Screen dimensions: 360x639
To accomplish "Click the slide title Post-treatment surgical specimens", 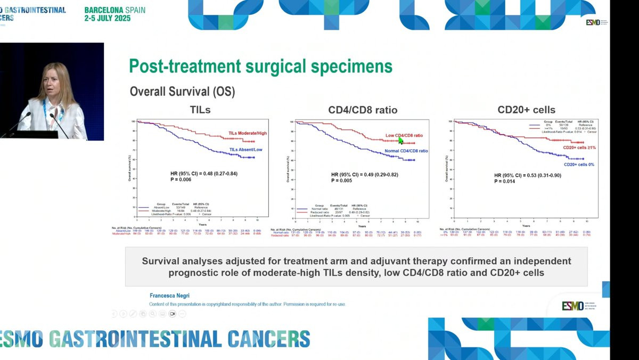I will [261, 66].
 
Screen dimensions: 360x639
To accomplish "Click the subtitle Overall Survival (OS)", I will [182, 92].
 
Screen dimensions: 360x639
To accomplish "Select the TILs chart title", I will [201, 110].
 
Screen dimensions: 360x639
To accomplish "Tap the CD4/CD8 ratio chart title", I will [363, 110].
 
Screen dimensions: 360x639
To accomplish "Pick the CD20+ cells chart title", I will [526, 110].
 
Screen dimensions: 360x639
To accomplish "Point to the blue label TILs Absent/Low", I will [245, 150].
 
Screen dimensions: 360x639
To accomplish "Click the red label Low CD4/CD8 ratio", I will [404, 135].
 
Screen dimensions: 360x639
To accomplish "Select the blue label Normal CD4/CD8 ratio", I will [406, 151].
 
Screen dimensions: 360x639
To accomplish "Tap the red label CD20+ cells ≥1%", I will [579, 148].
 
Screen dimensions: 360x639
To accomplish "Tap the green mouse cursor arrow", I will [401, 140].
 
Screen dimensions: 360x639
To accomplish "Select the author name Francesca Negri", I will [170, 295].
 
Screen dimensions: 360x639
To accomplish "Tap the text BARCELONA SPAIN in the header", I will [114, 10].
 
